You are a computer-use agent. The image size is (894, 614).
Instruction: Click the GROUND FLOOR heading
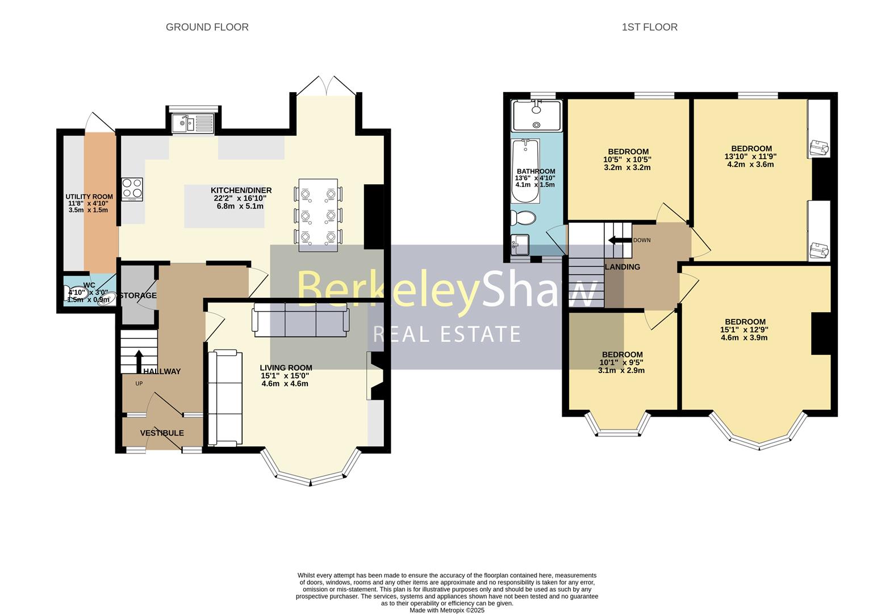click(x=207, y=27)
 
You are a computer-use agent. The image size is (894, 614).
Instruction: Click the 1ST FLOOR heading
click(x=649, y=27)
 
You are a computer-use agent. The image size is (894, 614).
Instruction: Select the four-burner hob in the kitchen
click(x=132, y=189)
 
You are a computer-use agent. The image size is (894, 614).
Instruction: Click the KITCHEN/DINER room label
click(x=241, y=190)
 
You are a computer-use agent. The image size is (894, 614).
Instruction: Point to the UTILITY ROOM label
click(x=89, y=197)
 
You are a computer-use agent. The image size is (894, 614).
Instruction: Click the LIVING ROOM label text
click(x=286, y=368)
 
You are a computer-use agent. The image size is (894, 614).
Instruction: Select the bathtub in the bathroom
click(x=525, y=171)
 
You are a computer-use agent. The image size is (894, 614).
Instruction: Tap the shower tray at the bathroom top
click(x=536, y=115)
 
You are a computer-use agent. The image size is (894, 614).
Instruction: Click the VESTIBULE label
click(x=162, y=433)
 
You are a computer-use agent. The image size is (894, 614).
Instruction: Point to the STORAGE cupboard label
click(x=138, y=296)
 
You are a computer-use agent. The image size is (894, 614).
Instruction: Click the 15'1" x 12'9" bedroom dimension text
click(x=744, y=330)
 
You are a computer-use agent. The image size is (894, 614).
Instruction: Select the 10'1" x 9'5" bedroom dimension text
click(x=621, y=363)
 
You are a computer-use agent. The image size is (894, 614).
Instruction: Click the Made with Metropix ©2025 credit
click(x=447, y=610)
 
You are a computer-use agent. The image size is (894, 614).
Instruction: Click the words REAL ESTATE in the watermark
click(x=446, y=334)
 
